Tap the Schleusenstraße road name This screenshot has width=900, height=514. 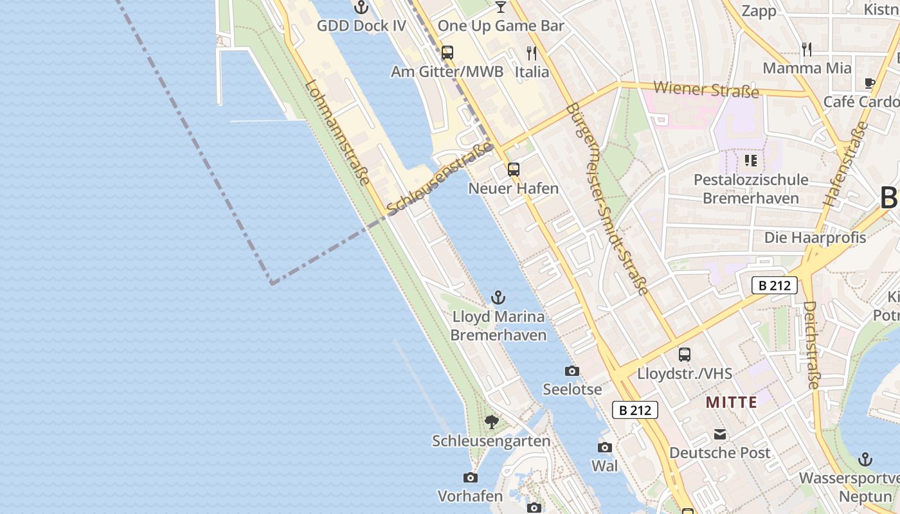pyautogui.click(x=440, y=178)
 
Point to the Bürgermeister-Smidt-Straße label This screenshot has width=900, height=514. pyautogui.click(x=607, y=199)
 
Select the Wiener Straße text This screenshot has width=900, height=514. pyautogui.click(x=706, y=89)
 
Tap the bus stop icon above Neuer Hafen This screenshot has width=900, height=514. pyautogui.click(x=513, y=170)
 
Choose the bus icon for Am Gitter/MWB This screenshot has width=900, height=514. pyautogui.click(x=447, y=53)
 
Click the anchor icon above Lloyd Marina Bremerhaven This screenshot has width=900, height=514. pyautogui.click(x=498, y=297)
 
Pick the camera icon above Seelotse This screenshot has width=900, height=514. pyautogui.click(x=571, y=371)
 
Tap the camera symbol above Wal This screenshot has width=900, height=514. pyautogui.click(x=604, y=447)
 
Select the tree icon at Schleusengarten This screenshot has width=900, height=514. pyautogui.click(x=492, y=422)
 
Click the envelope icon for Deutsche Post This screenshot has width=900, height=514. pyautogui.click(x=719, y=434)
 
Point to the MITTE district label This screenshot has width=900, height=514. pyautogui.click(x=731, y=403)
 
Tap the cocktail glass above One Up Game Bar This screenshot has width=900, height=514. pyautogui.click(x=500, y=7)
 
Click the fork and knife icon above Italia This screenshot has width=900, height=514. pyautogui.click(x=532, y=53)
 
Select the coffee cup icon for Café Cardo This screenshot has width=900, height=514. pyautogui.click(x=869, y=83)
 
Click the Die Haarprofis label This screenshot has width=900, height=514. pyautogui.click(x=815, y=237)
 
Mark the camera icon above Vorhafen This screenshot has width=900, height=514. pyautogui.click(x=471, y=477)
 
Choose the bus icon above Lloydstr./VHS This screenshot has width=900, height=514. pyautogui.click(x=685, y=354)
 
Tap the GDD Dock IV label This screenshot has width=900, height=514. pyautogui.click(x=361, y=26)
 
